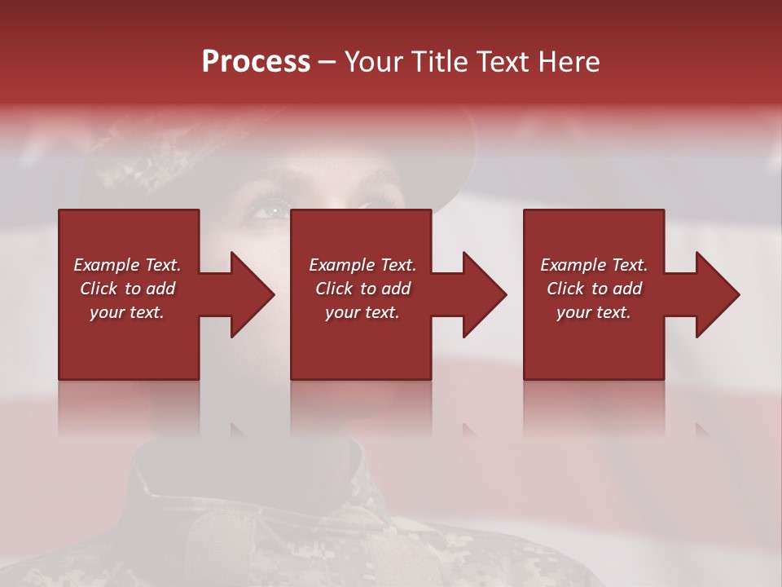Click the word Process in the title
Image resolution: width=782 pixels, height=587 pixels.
256,62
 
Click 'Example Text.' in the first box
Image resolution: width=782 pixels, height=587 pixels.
127,265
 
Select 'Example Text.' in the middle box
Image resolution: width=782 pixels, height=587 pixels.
362,265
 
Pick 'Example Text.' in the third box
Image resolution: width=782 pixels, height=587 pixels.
594,265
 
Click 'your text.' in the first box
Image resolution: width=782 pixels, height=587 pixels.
127,312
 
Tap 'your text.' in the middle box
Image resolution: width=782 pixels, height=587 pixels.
362,312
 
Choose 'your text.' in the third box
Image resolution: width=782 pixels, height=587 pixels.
594,312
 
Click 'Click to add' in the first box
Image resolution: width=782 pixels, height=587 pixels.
127,289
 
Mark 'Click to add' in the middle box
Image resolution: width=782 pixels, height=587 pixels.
362,289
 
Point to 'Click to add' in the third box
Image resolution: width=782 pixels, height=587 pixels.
594,289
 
